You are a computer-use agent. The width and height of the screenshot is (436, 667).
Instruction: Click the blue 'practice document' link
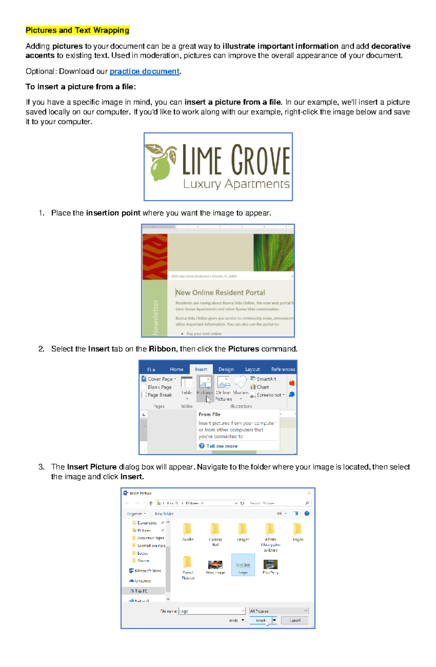click(x=144, y=72)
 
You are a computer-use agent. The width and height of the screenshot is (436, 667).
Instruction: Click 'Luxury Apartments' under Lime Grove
click(x=236, y=184)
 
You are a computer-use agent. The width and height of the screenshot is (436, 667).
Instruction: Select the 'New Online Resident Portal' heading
click(x=220, y=293)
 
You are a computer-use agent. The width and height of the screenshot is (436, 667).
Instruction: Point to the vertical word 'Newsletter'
click(x=156, y=317)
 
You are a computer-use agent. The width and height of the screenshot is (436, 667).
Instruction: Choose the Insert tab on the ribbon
click(x=201, y=369)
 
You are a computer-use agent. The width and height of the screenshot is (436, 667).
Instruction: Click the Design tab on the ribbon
click(x=226, y=369)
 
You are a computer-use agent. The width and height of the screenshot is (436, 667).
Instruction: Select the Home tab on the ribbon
click(x=177, y=369)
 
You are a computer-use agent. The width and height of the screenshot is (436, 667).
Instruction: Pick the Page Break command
click(x=159, y=395)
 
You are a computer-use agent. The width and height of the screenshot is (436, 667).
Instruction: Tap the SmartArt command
click(x=266, y=379)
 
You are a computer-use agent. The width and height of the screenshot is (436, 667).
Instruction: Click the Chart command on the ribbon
click(x=262, y=387)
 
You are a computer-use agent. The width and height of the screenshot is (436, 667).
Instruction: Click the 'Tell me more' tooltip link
click(x=222, y=446)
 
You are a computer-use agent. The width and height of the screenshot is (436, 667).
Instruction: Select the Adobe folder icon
click(x=187, y=530)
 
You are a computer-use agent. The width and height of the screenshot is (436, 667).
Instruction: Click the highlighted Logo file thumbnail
click(x=243, y=565)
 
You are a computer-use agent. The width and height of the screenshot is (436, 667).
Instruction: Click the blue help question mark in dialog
click(x=307, y=514)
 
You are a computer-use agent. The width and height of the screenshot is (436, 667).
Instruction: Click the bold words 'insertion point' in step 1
click(x=113, y=213)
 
